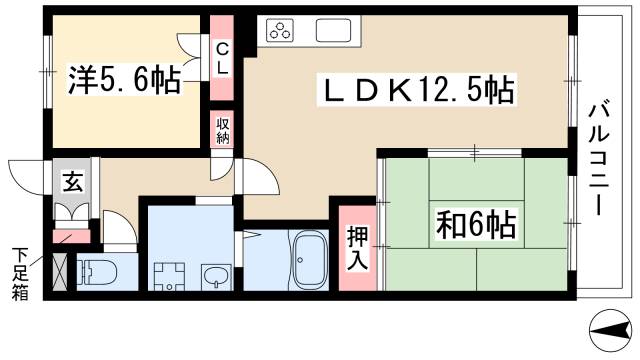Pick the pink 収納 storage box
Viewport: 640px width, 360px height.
(222, 131)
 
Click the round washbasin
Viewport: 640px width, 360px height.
(215, 274)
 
